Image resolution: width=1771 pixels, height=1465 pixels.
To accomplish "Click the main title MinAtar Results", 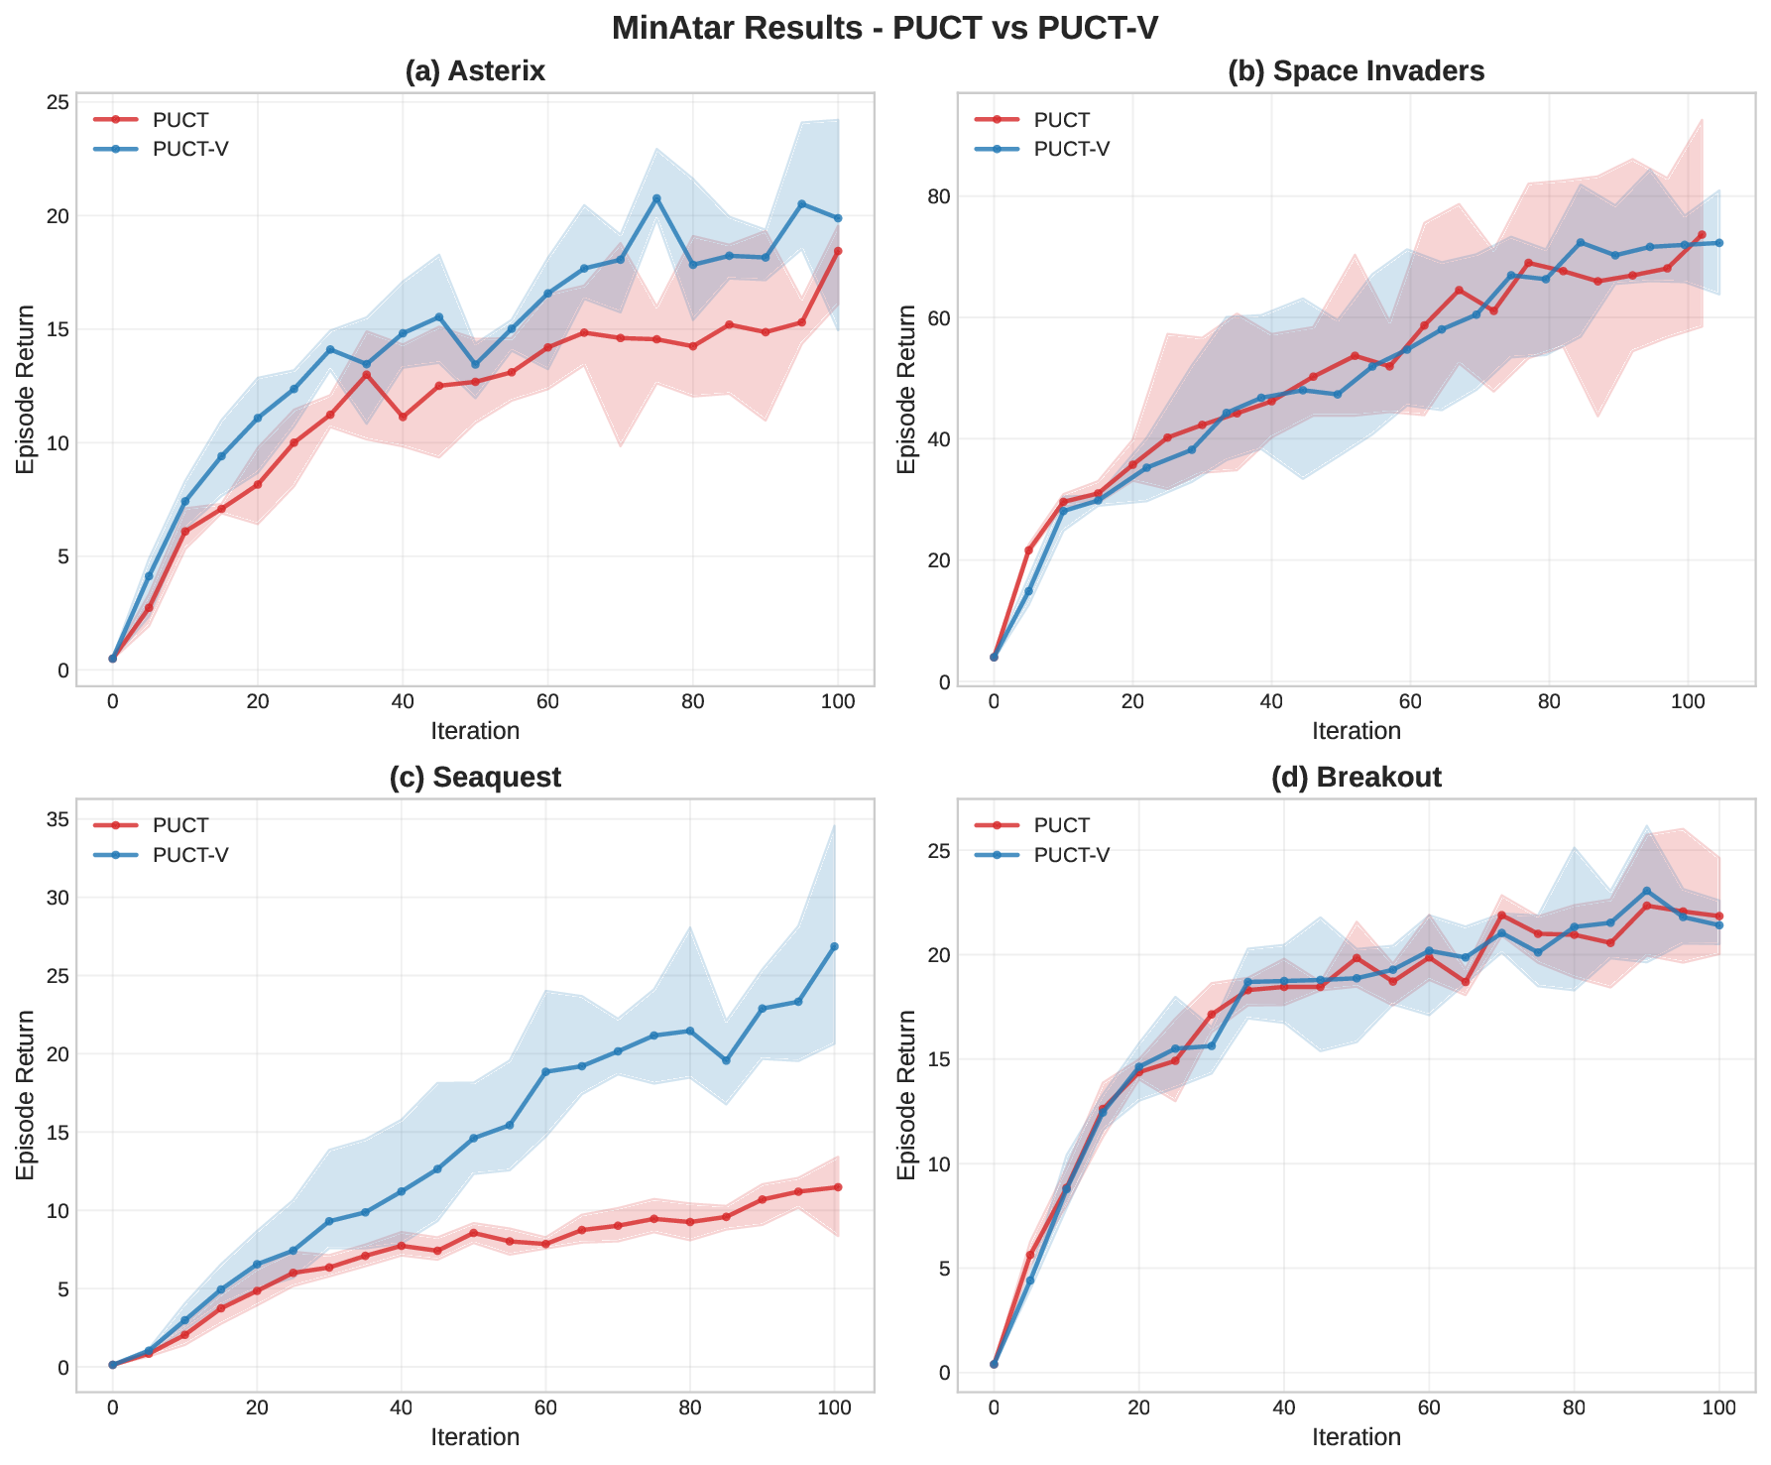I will (x=885, y=28).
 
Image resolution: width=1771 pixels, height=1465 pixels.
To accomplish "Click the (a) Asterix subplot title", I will (x=475, y=71).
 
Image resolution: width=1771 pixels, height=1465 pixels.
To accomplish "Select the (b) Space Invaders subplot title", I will (x=1356, y=71).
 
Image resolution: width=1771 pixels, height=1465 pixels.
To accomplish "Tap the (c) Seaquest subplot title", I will (x=475, y=778).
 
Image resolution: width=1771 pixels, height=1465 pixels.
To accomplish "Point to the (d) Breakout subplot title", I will (x=1356, y=778).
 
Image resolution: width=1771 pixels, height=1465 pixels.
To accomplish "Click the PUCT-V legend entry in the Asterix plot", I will (x=190, y=149).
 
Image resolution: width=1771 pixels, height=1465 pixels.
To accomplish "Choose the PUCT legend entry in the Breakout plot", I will (x=1061, y=825).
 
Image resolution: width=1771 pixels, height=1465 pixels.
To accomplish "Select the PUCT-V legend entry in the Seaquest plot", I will (x=190, y=855).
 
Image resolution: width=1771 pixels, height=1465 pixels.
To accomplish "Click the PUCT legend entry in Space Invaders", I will (x=1061, y=120).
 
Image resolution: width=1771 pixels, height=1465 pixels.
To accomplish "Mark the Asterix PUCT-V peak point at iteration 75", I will (x=656, y=198).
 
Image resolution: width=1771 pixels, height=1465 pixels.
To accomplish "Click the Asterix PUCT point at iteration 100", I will (x=838, y=251).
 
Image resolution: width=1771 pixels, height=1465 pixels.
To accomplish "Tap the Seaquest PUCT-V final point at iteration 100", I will (x=834, y=946).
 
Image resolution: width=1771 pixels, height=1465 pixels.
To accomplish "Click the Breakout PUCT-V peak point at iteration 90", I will (x=1646, y=891).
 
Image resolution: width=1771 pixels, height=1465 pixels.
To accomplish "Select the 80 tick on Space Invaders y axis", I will (x=938, y=196).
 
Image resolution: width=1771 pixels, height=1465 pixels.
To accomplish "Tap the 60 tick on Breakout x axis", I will (x=1429, y=1407).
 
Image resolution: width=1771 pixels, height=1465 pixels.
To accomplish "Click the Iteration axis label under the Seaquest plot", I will (x=475, y=1437).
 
